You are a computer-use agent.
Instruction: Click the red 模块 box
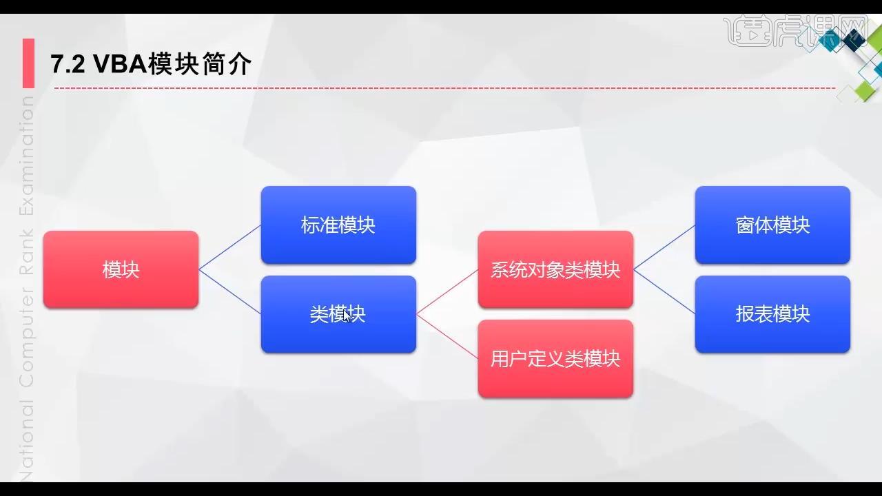coord(121,269)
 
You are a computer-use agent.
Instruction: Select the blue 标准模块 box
coord(338,225)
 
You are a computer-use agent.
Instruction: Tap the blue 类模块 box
coord(338,314)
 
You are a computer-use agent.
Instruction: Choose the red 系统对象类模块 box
coord(555,269)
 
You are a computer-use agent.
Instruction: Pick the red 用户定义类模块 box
coord(555,359)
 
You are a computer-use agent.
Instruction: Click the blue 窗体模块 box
coord(772,225)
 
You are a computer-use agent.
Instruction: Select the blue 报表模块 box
coord(772,314)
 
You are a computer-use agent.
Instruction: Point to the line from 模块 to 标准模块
coord(230,247)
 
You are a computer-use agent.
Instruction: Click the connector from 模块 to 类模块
coord(230,292)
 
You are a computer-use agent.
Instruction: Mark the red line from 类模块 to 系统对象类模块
coord(447,292)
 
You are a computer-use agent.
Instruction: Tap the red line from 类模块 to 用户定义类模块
coord(447,337)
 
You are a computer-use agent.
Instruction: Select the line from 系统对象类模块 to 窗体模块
coord(664,247)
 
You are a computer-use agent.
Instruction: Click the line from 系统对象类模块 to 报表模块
coord(664,292)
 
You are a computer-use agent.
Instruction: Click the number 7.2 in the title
coord(68,64)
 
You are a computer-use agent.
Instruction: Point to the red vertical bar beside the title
coord(28,63)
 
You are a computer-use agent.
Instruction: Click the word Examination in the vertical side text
coord(26,156)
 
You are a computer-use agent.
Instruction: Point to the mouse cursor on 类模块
coord(347,316)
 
